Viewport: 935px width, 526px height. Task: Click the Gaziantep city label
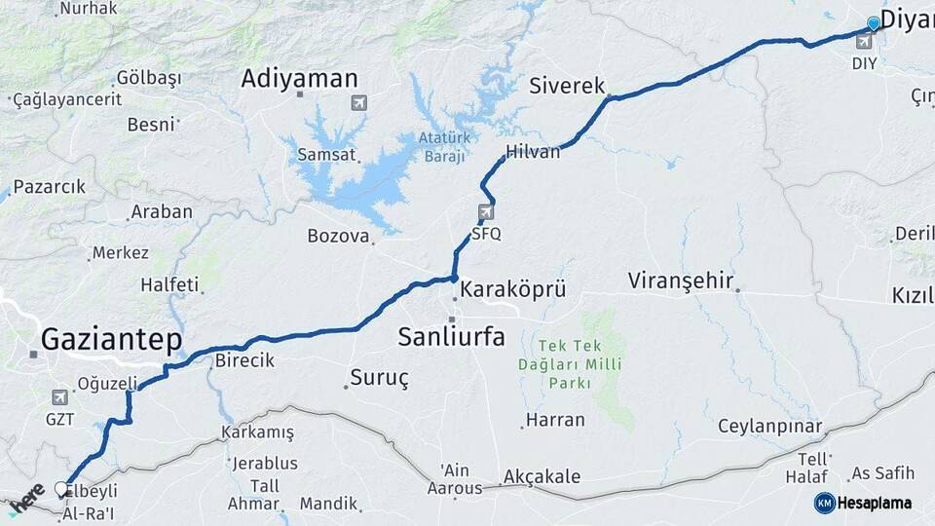[x=111, y=340]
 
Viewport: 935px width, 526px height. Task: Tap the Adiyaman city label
[x=299, y=79]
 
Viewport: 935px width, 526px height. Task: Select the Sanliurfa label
[x=451, y=337]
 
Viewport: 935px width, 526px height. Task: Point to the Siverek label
[x=567, y=86]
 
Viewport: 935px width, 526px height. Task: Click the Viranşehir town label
[x=680, y=281]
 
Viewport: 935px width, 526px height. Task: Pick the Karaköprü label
[x=512, y=289]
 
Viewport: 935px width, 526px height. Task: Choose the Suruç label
[x=379, y=377]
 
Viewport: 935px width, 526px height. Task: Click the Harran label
[x=555, y=421]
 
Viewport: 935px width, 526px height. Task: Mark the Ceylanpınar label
[x=769, y=427]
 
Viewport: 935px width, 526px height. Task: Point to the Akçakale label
[x=542, y=477]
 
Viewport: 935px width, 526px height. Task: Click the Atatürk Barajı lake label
[x=444, y=146]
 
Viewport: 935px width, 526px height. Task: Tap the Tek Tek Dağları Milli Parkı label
[x=580, y=364]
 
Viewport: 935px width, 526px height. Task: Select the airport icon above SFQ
[x=486, y=212]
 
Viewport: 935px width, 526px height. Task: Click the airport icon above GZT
[x=59, y=397]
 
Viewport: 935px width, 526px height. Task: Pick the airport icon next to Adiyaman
[x=359, y=101]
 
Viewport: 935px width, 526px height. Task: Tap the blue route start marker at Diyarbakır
[x=874, y=23]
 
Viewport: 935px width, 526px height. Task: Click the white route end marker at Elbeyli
[x=61, y=489]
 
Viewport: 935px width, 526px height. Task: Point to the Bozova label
[x=339, y=236]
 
